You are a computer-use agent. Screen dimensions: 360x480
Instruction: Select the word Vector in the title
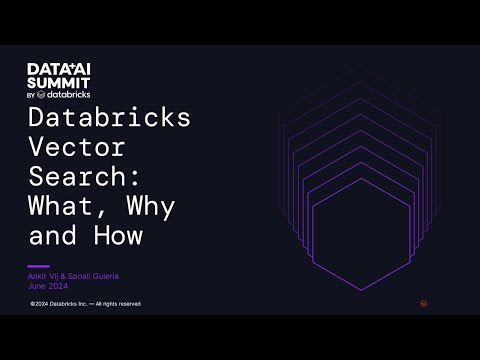click(x=77, y=146)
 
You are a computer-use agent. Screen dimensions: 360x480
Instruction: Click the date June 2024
click(x=49, y=284)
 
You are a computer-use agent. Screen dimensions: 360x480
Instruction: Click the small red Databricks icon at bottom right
click(x=424, y=302)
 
